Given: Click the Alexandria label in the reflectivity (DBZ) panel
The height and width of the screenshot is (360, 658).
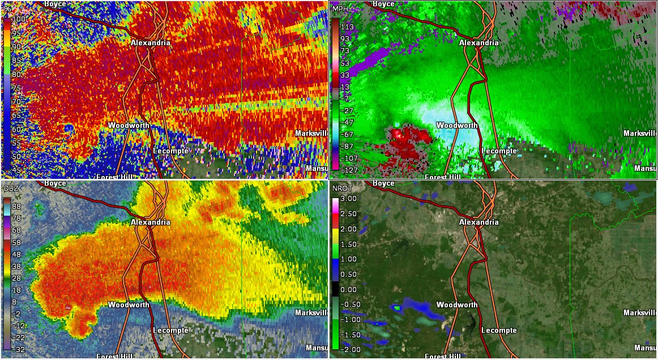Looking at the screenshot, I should click(150, 222).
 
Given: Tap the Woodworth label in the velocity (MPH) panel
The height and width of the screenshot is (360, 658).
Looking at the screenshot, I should click(457, 125).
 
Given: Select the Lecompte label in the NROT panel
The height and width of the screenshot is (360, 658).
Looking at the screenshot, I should click(499, 330).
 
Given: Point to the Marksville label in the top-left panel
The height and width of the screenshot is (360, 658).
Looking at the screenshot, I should click(311, 133).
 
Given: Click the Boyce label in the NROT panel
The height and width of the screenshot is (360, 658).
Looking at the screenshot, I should click(384, 183).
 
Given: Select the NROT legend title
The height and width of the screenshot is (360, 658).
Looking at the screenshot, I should click(341, 188).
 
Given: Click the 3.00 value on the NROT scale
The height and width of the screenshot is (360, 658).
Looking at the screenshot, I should click(349, 199).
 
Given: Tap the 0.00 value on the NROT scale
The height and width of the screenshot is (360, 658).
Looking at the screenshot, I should click(349, 289).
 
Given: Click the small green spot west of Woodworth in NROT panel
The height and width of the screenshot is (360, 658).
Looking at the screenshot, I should click(397, 308).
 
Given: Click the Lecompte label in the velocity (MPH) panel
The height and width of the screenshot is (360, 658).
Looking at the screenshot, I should click(499, 151).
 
